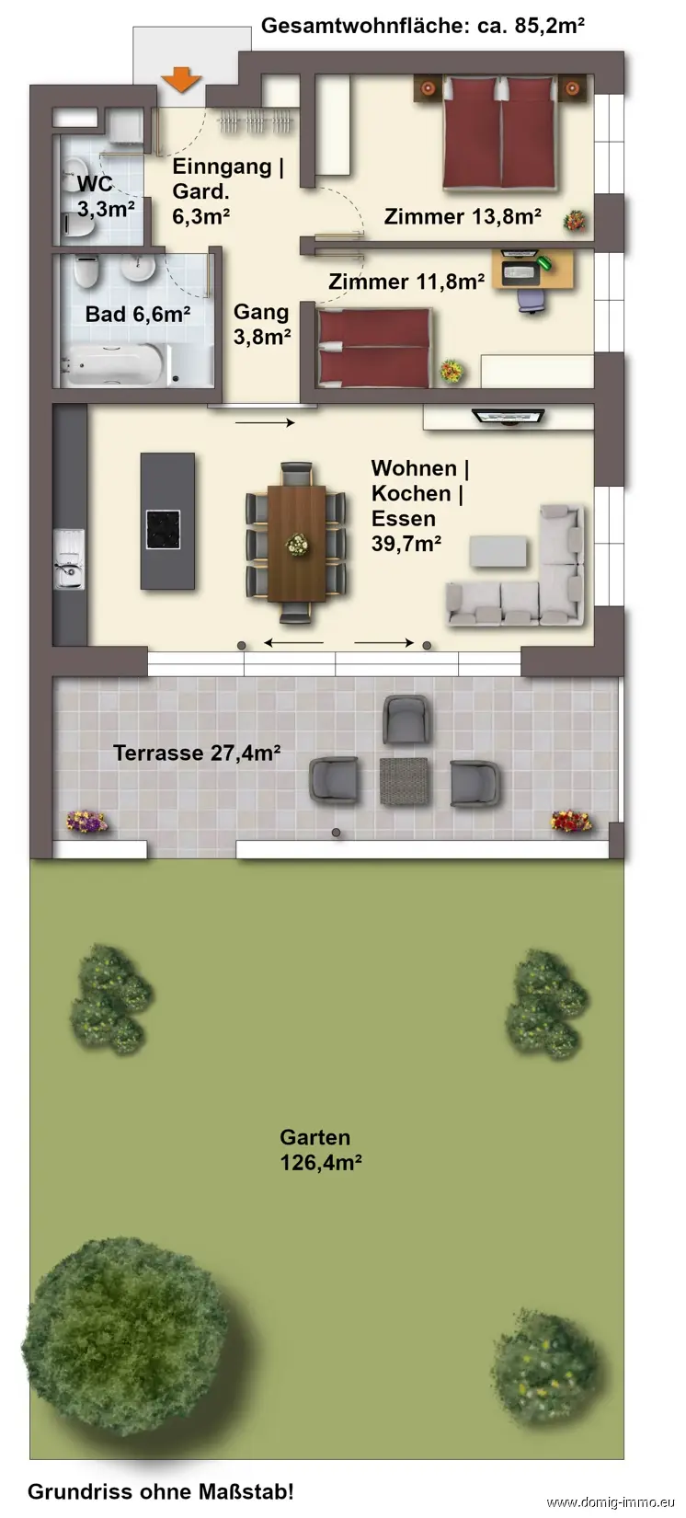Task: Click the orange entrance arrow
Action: (181, 80)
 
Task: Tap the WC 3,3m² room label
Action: (105, 197)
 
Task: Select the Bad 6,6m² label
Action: (137, 315)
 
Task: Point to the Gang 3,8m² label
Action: (262, 324)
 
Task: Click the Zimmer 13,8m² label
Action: (463, 217)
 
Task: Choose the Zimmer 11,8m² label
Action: (406, 282)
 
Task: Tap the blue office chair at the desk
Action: (532, 299)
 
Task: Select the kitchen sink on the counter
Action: (68, 559)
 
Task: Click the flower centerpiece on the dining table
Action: (297, 544)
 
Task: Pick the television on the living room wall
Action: (509, 416)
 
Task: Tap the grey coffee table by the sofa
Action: (498, 551)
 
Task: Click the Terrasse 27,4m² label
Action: (197, 753)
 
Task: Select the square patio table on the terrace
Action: (405, 781)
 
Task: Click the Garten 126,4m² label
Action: (320, 1150)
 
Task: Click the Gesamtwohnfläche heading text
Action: (423, 26)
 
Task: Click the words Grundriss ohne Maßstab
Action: (161, 1491)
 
